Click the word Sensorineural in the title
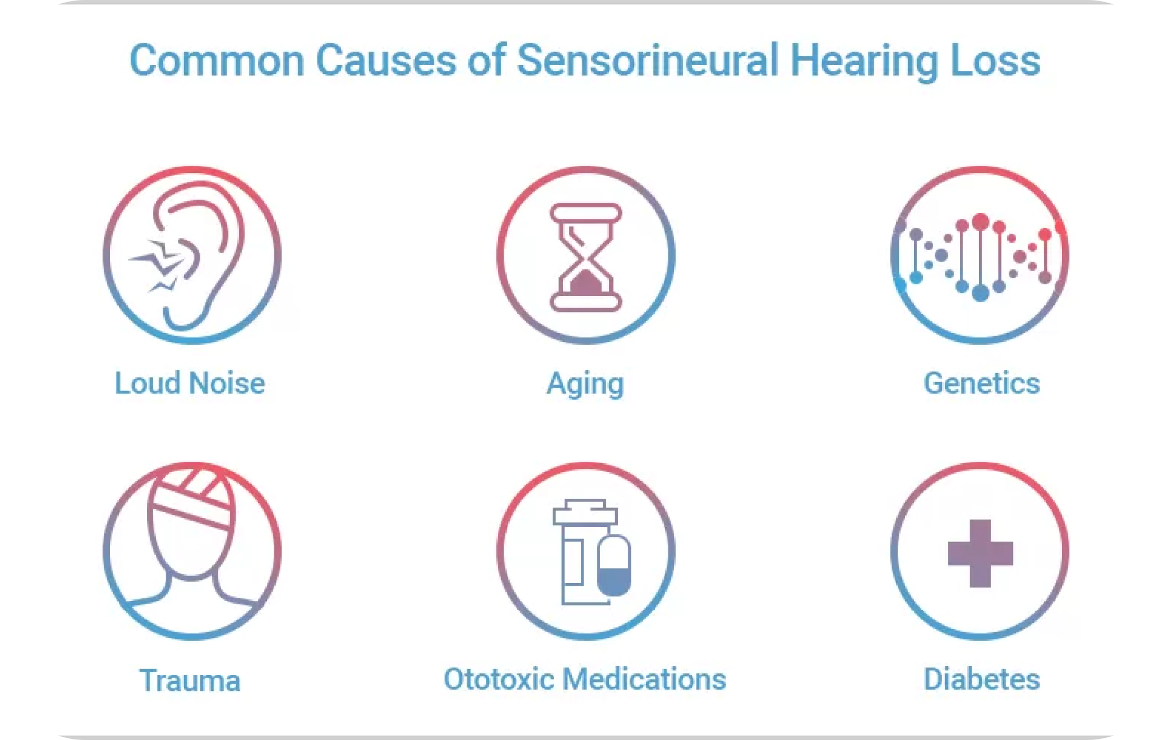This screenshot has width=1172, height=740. click(x=647, y=60)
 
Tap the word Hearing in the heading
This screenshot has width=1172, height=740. click(x=864, y=61)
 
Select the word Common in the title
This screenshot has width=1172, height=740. click(x=216, y=60)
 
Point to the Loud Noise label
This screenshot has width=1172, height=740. click(x=190, y=383)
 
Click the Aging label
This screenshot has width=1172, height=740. click(x=585, y=385)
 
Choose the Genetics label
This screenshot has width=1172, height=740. click(x=982, y=383)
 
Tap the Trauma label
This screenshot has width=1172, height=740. click(x=190, y=680)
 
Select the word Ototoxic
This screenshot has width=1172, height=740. click(x=499, y=679)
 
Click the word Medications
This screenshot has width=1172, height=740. click(x=644, y=679)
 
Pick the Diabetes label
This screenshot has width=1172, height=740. click(x=982, y=679)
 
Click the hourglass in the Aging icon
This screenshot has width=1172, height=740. click(x=585, y=257)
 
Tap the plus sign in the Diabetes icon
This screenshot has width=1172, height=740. click(x=980, y=553)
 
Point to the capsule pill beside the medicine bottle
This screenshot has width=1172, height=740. click(x=614, y=565)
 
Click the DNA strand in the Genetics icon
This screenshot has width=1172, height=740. click(x=980, y=257)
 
